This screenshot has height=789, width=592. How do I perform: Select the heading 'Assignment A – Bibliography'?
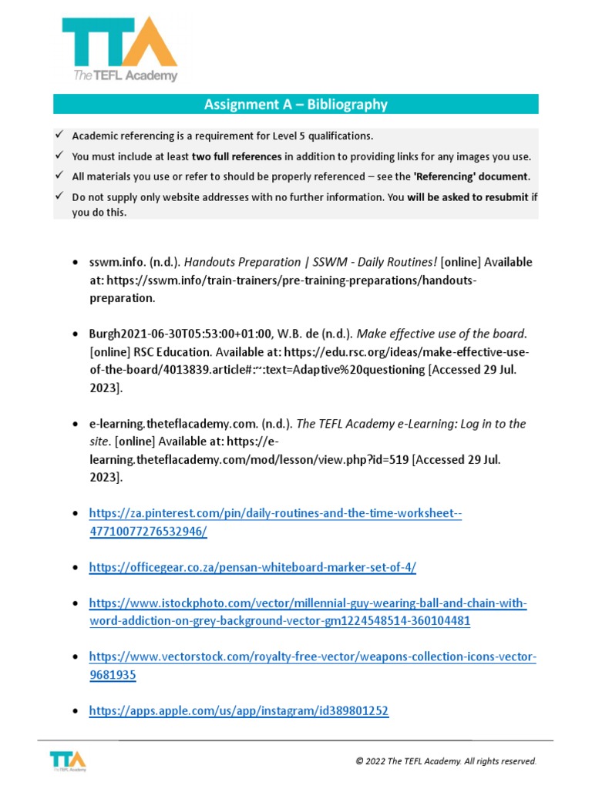[x=295, y=104]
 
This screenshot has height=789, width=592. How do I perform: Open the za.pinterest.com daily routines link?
[x=275, y=522]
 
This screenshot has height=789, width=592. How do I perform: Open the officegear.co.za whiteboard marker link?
[x=252, y=567]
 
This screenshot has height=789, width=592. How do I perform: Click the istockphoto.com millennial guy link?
[x=308, y=612]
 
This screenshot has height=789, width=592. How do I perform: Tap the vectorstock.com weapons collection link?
[x=312, y=665]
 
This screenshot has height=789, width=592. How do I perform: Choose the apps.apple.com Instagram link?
[x=238, y=711]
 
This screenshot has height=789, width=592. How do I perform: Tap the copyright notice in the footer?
[x=446, y=761]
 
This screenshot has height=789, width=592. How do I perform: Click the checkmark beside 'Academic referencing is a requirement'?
[x=59, y=136]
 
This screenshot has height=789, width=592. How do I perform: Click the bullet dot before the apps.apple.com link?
[x=73, y=712]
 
